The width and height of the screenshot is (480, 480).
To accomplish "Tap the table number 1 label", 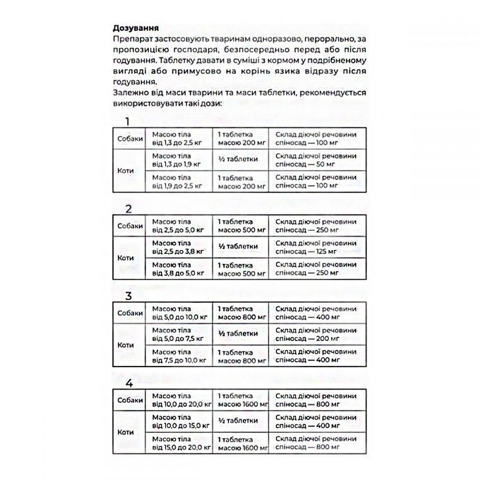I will tap(128, 121).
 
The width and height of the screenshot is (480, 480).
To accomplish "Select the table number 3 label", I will tap(128, 296).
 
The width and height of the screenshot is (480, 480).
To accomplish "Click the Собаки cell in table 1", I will tap(130, 138).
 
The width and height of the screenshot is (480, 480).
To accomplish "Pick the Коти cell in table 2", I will tap(126, 257).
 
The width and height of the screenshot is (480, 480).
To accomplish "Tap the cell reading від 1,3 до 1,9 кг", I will tap(177, 160).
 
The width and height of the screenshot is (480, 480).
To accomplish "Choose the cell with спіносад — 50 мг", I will tap(316, 160).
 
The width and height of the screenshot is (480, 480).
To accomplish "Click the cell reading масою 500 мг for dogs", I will tap(241, 226).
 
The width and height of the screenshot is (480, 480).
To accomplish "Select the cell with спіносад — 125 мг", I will tap(316, 247).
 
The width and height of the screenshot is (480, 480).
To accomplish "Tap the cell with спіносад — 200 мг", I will tap(316, 334).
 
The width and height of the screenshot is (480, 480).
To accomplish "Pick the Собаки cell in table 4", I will tap(130, 400).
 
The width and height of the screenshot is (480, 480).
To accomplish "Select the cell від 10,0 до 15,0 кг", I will tap(181, 421).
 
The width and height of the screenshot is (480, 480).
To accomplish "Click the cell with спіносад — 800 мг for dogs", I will tap(316, 400).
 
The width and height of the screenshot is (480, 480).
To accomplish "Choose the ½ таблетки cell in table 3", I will tap(238, 334).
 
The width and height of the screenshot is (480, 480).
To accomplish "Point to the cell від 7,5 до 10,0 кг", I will tap(179, 356).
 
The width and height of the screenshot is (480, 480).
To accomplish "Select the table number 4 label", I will tap(129, 383).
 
